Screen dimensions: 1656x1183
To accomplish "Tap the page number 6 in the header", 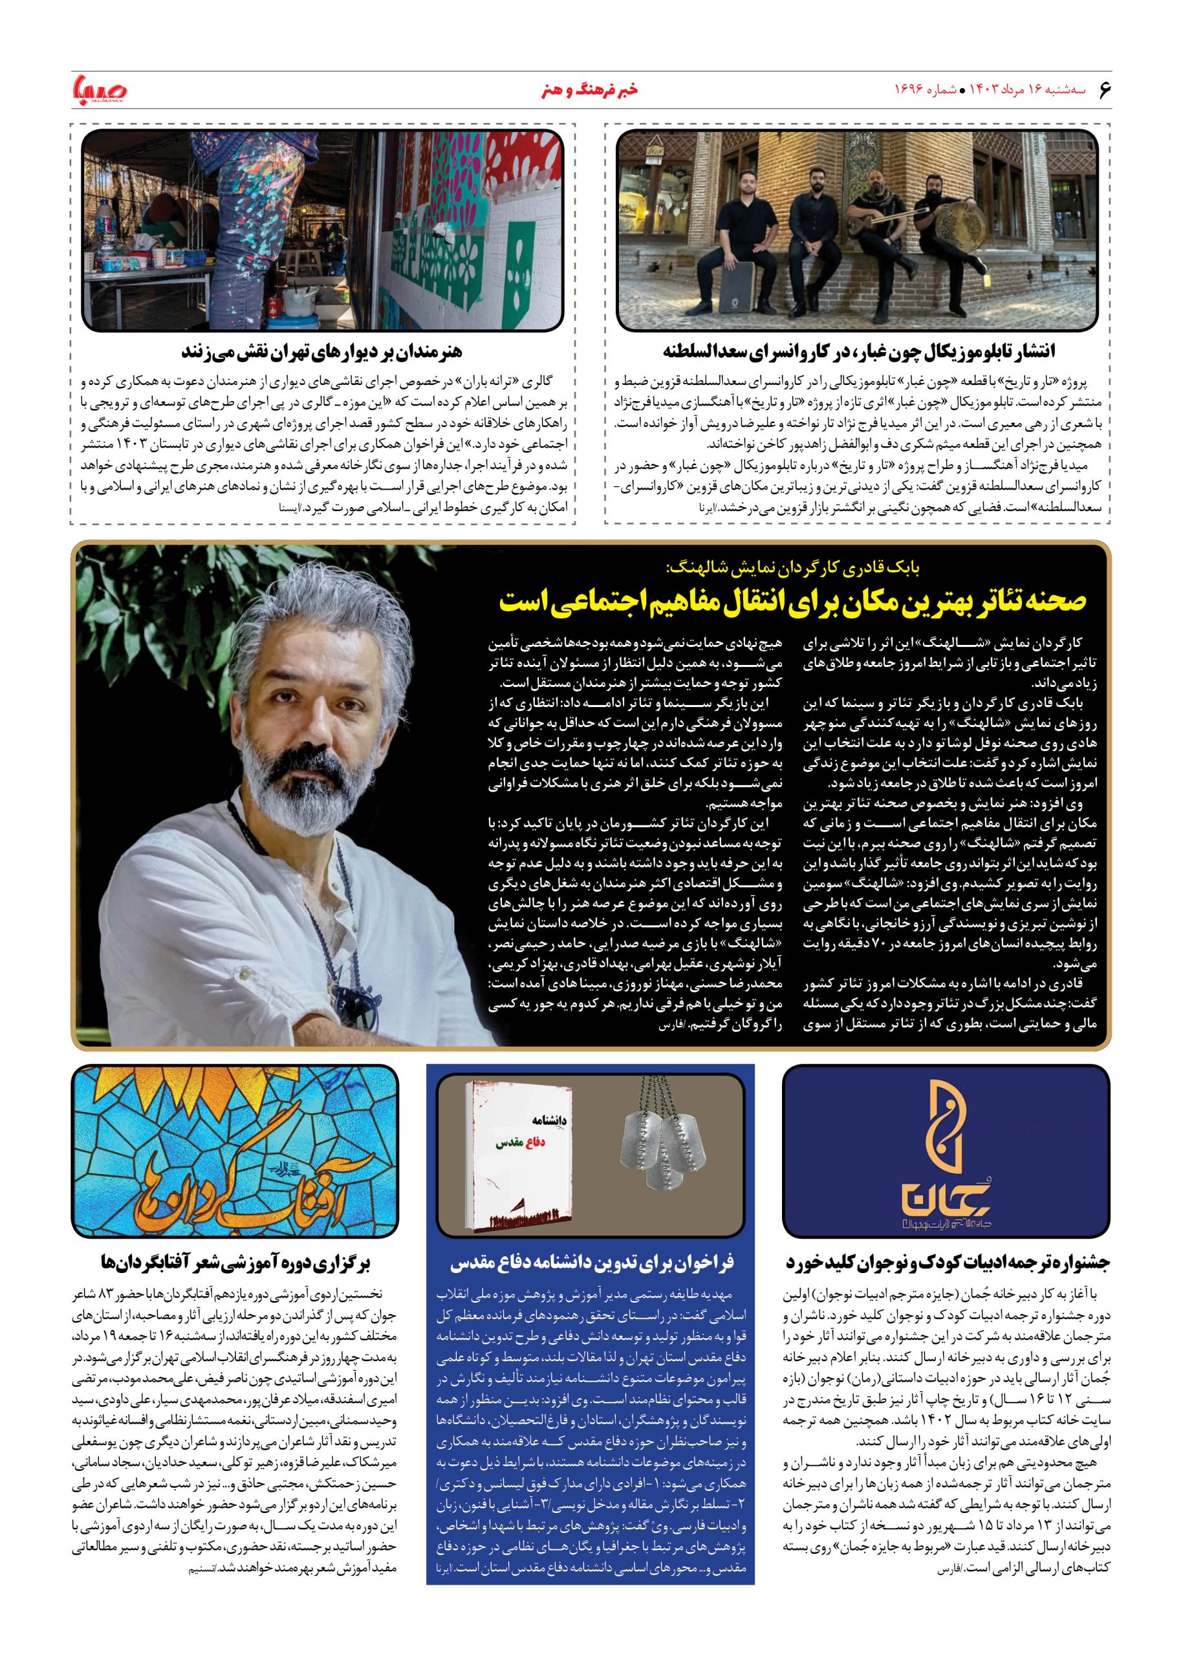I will [x=1103, y=91].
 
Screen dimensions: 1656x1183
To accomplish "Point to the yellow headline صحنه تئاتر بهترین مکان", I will [x=793, y=601].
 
